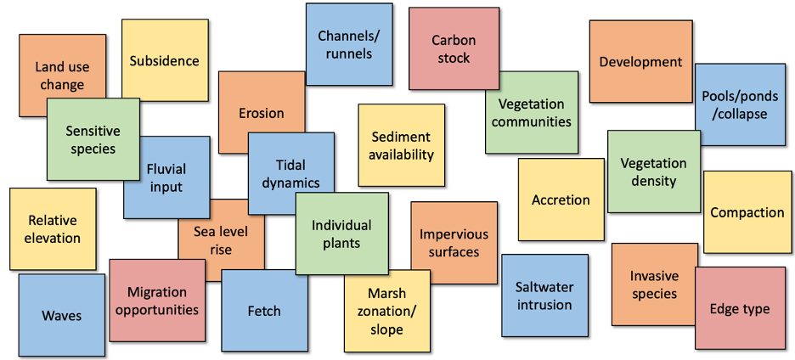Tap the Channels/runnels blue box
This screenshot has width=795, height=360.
[348, 44]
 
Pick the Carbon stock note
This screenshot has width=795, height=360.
[453, 48]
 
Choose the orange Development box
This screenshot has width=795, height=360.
[640, 61]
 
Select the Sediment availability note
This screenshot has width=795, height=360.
[401, 145]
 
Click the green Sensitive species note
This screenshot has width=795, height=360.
[93, 139]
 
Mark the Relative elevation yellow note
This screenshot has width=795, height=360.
[52, 228]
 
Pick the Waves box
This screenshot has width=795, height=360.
[61, 315]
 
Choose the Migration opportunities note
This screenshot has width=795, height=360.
[156, 301]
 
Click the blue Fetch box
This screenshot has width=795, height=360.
[264, 311]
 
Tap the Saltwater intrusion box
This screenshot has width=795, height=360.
[544, 295]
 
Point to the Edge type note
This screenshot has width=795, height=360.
[739, 308]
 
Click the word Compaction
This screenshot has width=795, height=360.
[747, 212]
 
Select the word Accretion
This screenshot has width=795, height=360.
[560, 200]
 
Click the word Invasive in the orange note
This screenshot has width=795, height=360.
[654, 276]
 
